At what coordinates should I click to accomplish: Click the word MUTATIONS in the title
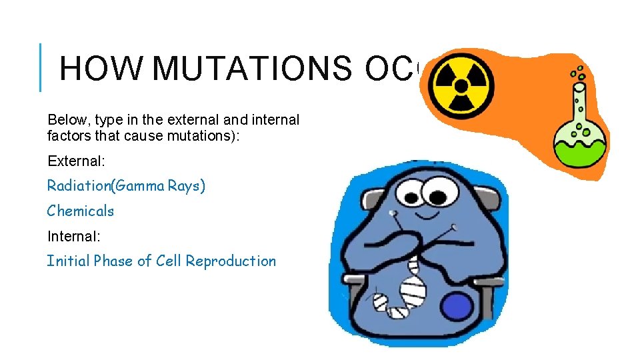pos(255,68)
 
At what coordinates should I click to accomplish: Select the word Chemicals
pos(81,211)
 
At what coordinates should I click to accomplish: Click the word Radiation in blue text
pos(79,186)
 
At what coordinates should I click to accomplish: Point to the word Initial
pos(68,261)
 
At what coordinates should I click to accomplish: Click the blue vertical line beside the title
pos(41,67)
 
